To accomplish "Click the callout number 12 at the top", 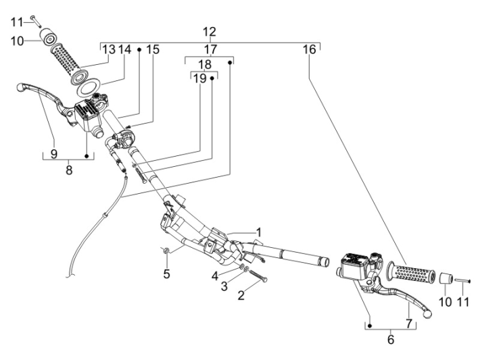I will coord(210,32).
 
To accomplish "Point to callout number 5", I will coord(166,274).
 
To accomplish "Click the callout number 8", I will coord(68,171).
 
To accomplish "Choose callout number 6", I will coord(391,340).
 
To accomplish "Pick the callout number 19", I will coord(201,79).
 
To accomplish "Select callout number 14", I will coord(125,49).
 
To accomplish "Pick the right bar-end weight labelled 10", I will coord(445,278).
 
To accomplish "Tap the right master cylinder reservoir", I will coord(354,265).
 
